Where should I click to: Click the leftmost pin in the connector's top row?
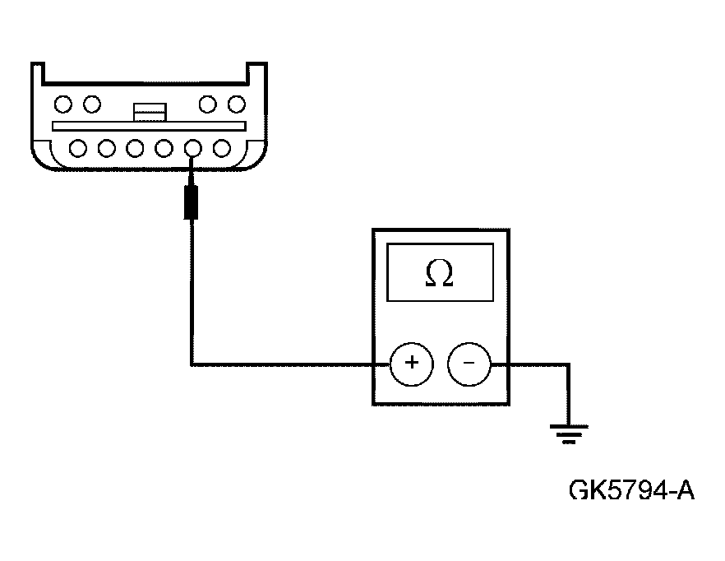pos(63,104)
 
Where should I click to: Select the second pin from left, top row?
pos(92,104)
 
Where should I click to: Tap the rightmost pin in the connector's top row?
pos(237,104)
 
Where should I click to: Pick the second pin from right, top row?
pos(208,104)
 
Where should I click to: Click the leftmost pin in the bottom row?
pos(79,149)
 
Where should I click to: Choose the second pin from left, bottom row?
pos(107,149)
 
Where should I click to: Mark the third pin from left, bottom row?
pos(136,149)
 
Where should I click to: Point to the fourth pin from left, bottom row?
pos(164,149)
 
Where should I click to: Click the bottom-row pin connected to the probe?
pos(193,149)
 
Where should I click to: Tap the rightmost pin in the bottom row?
pos(221,149)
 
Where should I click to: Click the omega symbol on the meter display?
pos(440,275)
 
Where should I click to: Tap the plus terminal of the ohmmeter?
pos(411,363)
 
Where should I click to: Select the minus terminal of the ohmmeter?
pos(469,363)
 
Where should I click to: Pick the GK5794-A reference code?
pos(631,491)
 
